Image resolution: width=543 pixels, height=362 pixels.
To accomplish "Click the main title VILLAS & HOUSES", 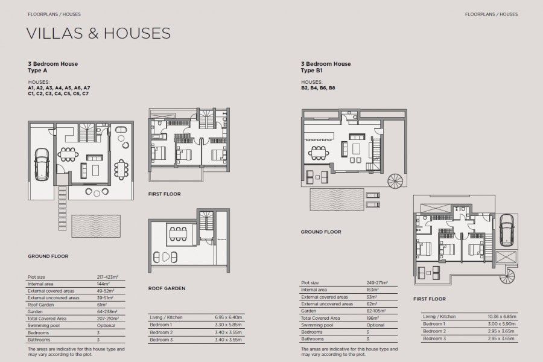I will (98, 33).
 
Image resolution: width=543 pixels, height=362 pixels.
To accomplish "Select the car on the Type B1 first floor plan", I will (506, 227).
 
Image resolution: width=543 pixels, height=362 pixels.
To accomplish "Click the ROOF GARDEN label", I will (167, 288).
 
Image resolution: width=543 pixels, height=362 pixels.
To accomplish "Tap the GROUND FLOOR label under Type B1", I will (320, 232).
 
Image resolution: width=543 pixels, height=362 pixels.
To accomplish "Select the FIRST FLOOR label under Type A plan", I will (164, 194).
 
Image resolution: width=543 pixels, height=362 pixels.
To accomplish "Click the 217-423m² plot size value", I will (107, 277).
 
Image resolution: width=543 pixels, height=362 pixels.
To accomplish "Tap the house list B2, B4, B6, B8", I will (318, 88).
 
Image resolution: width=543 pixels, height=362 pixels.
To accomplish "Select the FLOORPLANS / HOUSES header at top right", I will (491, 13).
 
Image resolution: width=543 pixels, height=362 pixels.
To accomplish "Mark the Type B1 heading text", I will (325, 67).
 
